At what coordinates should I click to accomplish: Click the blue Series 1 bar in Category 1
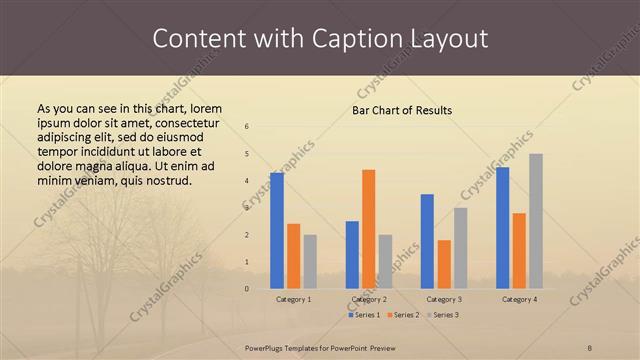[277, 231]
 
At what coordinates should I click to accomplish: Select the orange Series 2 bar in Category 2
[369, 229]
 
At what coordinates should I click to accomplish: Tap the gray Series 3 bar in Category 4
[536, 221]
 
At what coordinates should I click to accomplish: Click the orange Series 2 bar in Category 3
[444, 264]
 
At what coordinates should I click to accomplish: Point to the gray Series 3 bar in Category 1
[310, 261]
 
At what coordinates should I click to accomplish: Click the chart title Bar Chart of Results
[403, 110]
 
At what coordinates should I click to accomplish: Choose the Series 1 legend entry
[362, 315]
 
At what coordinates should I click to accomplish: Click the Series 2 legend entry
[403, 315]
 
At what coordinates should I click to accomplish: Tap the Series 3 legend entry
[443, 315]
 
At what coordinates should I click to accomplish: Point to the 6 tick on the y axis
[247, 126]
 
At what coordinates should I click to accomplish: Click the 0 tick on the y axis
[247, 289]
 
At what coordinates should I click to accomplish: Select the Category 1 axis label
[293, 299]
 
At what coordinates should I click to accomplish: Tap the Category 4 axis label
[519, 299]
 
